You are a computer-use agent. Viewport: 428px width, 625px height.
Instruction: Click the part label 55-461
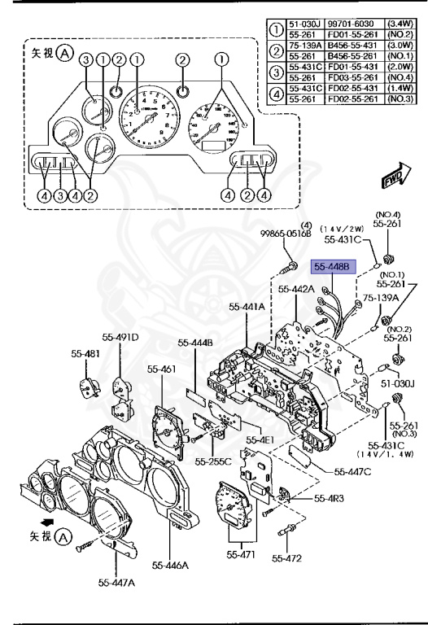pos(161,369)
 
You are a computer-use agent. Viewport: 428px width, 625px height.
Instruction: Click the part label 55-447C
pos(353,471)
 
